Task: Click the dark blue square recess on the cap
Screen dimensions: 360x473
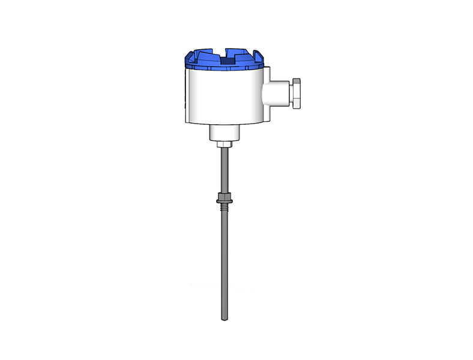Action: pos(227,61)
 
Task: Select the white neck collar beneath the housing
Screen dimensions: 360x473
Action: pos(225,133)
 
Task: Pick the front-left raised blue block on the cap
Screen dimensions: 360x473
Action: pos(207,61)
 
